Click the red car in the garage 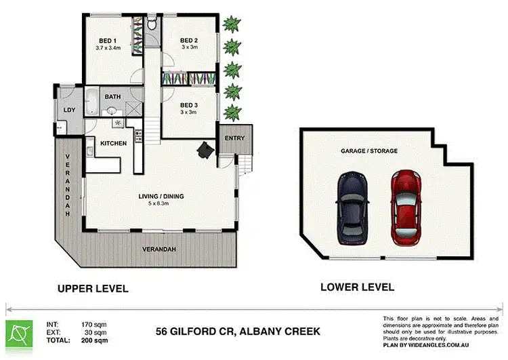406,208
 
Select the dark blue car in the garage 352,208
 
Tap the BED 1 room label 108,41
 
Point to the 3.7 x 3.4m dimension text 108,47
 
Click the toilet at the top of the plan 152,23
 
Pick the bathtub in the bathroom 91,100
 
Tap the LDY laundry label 69,110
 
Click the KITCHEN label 113,143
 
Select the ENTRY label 234,138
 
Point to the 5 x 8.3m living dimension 158,203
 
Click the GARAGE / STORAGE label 369,151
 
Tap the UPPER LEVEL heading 93,288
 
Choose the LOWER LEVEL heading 358,287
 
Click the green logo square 19,334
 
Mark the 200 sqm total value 95,340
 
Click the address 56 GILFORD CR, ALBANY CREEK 238,332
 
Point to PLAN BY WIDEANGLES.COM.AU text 426,345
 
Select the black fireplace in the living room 206,150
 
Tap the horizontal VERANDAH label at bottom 159,249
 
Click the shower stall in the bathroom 134,108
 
